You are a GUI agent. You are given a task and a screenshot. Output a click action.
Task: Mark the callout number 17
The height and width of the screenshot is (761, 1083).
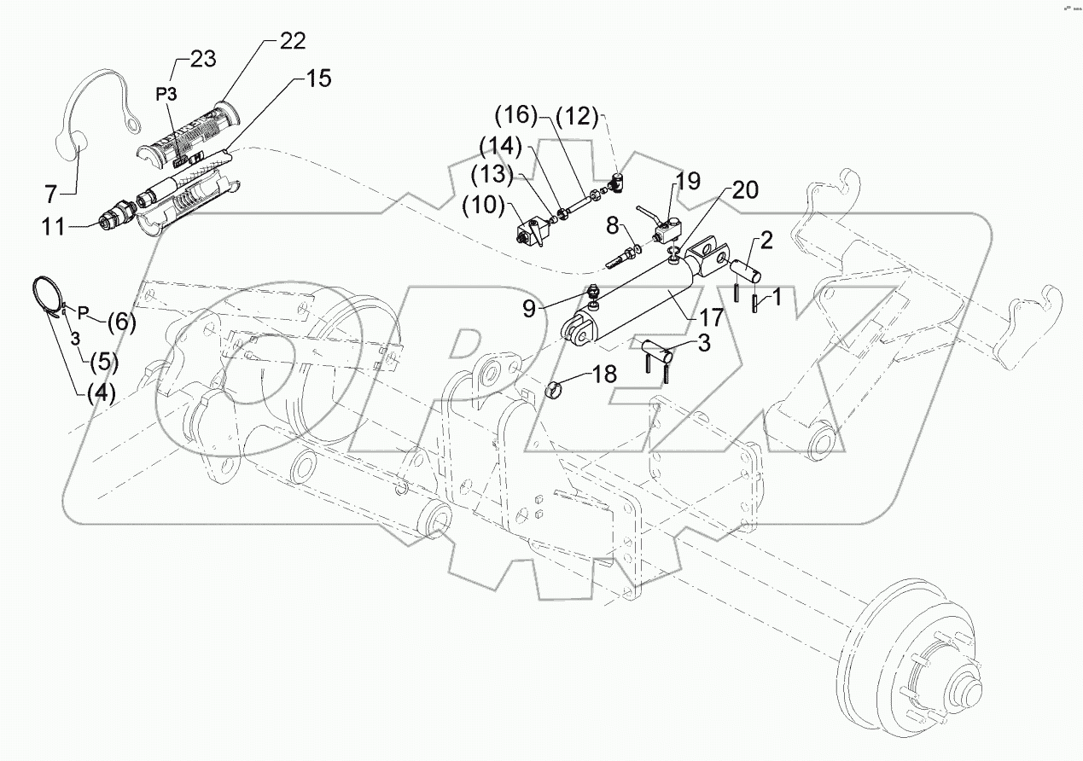[x=711, y=317]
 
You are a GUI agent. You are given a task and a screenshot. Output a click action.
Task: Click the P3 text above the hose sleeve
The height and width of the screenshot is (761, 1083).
[x=166, y=92]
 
